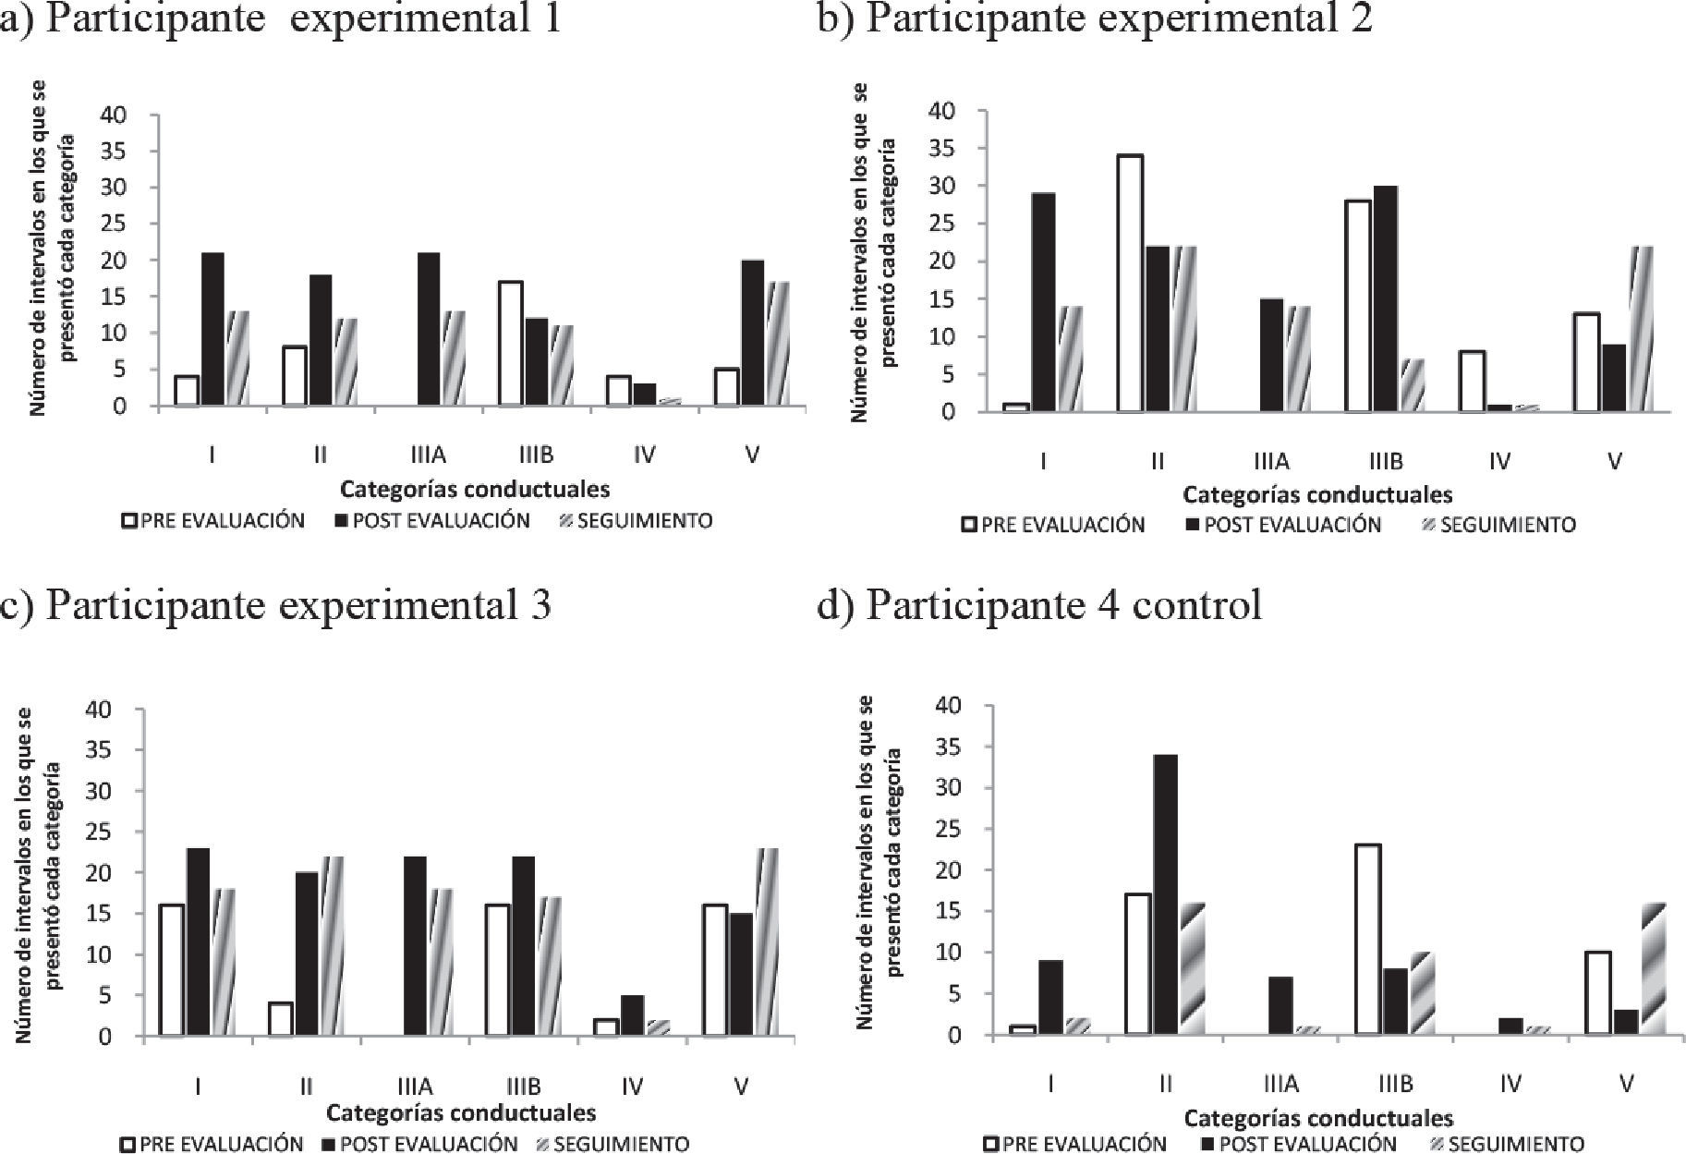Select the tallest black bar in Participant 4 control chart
[1164, 894]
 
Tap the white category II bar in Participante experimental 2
[1129, 283]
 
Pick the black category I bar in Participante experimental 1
[212, 329]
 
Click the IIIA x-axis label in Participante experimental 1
[428, 455]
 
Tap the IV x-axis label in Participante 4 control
[1510, 1083]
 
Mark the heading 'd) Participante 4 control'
[1039, 605]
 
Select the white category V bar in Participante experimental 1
[727, 387]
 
